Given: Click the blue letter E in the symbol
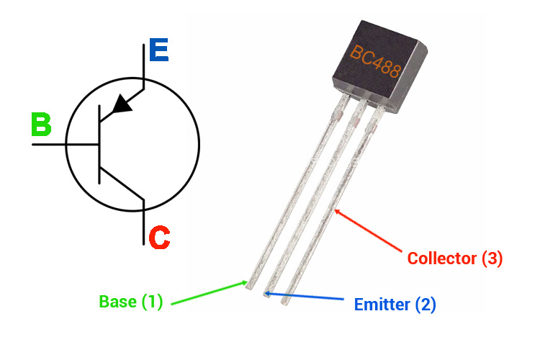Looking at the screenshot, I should click(158, 52).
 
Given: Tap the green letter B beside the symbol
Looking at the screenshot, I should click(41, 125).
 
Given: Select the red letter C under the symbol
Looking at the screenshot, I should click(158, 237).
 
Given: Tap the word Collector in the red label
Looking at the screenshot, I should click(436, 257).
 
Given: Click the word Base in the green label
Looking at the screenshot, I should click(117, 302).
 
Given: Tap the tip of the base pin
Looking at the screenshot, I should click(249, 284).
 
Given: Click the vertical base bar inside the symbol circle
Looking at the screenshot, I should click(99, 144).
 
